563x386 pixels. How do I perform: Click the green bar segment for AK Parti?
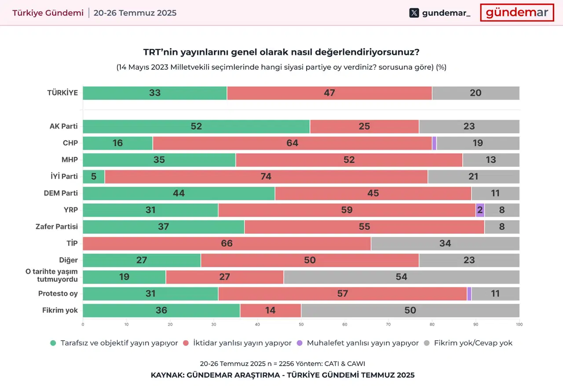(196, 126)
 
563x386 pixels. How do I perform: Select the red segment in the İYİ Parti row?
(266, 176)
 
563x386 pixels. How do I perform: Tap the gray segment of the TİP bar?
(445, 243)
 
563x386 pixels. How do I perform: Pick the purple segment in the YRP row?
(480, 210)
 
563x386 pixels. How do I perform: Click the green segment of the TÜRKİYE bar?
(155, 93)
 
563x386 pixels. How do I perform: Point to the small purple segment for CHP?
(435, 143)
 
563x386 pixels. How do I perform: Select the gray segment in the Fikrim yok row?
(410, 310)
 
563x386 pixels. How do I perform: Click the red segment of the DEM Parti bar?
(373, 193)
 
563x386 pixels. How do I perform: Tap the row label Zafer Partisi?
(57, 227)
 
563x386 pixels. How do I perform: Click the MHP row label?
(69, 160)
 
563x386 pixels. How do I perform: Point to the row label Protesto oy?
(58, 294)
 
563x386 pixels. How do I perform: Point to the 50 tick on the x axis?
(301, 325)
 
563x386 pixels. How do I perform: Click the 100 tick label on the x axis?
(519, 325)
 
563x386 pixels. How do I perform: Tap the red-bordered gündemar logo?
(517, 13)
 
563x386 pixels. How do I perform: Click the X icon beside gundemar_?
(414, 13)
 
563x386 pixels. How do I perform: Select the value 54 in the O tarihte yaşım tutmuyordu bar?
(401, 277)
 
